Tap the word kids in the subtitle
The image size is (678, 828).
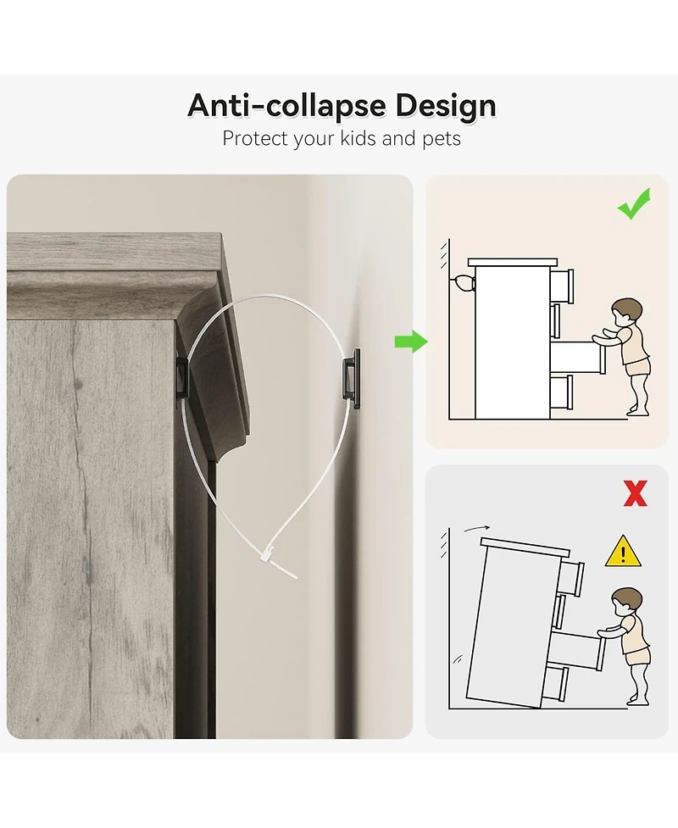click(358, 138)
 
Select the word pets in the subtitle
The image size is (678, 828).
click(442, 139)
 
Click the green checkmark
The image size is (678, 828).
click(634, 204)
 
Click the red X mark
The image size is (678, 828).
click(636, 493)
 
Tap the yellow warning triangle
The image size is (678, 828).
click(623, 552)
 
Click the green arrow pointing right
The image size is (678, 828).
click(411, 342)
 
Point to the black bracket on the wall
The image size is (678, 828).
click(351, 378)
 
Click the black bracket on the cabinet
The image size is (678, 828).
click(181, 377)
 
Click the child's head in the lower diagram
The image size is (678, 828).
click(627, 602)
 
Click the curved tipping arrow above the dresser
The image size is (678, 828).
click(477, 528)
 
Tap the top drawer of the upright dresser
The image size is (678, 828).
click(562, 286)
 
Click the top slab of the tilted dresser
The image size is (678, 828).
click(525, 547)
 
